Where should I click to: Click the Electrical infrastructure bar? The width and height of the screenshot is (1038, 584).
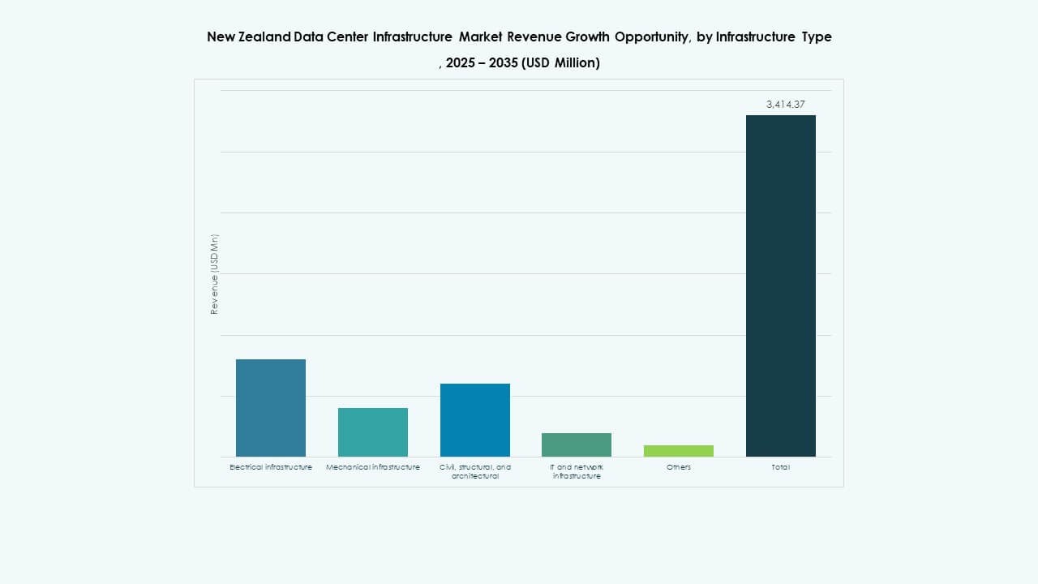(271, 408)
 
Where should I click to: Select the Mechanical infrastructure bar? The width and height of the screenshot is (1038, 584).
(373, 432)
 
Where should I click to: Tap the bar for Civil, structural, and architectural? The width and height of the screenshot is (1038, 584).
(475, 420)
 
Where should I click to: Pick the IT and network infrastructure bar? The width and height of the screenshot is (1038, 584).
(577, 444)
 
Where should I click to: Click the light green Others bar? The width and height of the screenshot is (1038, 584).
(679, 451)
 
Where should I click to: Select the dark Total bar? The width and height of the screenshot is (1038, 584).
(781, 286)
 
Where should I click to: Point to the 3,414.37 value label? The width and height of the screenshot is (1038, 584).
(785, 104)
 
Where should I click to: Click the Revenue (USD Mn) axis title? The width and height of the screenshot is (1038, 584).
(214, 274)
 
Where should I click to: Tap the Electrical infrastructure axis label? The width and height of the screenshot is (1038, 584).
(271, 467)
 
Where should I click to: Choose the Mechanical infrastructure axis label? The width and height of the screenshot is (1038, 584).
(373, 467)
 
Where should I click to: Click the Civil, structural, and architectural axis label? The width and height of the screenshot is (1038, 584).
(475, 471)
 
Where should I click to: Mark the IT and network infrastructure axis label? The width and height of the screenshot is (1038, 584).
(577, 471)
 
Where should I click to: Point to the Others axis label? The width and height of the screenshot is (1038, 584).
(679, 467)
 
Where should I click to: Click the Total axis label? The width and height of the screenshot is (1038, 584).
(781, 467)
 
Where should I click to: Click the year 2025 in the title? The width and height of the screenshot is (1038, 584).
(461, 62)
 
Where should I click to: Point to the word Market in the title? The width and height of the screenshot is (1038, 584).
(481, 36)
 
